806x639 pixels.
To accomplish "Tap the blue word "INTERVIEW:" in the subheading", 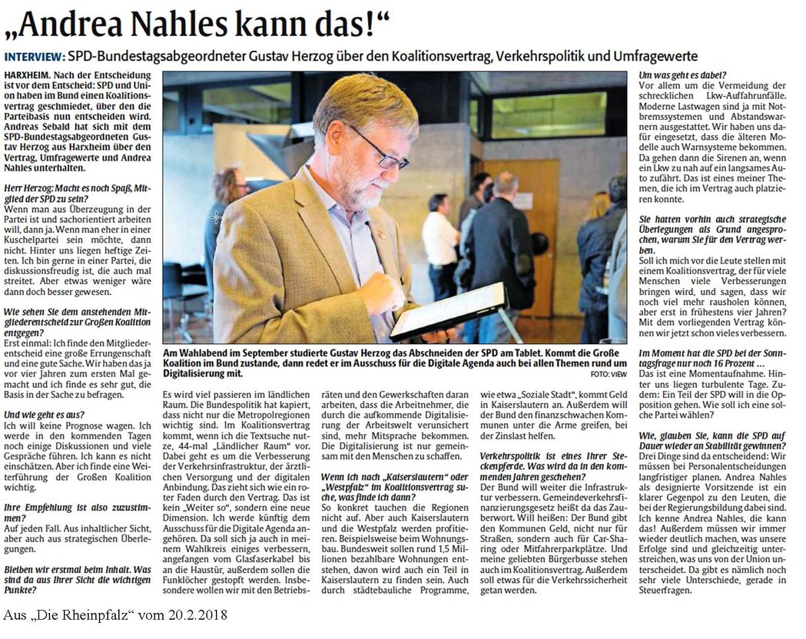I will click(x=34, y=58).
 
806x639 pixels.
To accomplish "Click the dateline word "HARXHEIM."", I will click(x=31, y=73).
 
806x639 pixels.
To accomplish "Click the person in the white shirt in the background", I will click(x=440, y=246).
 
